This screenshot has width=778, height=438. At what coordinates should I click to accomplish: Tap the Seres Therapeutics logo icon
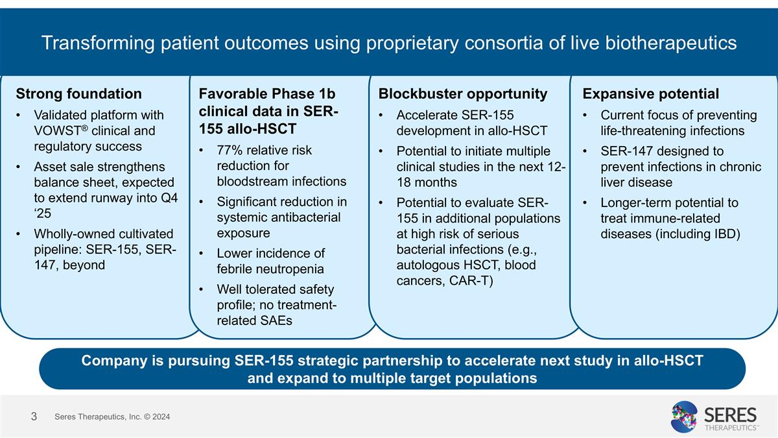[x=683, y=416]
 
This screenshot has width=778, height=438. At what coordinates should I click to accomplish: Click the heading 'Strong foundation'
[x=78, y=94]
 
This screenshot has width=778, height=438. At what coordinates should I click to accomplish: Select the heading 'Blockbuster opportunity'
[x=463, y=94]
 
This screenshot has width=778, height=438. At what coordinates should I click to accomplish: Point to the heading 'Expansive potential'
[x=651, y=94]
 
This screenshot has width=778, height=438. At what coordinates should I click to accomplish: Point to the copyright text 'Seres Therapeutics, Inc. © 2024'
[x=112, y=416]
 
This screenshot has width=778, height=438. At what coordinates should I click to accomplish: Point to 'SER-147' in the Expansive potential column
[x=626, y=151]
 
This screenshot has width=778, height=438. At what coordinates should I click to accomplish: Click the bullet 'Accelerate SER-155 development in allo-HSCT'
[x=472, y=123]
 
